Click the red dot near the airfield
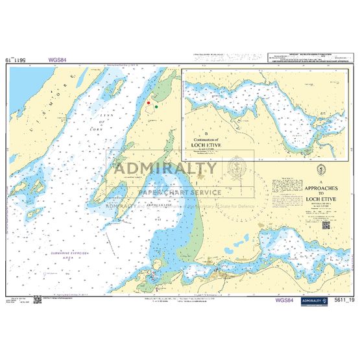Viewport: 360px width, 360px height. click(x=149, y=103)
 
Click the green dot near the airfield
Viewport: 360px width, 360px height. click(x=156, y=106)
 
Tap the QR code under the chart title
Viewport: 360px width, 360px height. click(x=326, y=225)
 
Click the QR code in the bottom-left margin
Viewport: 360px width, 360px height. click(x=38, y=299)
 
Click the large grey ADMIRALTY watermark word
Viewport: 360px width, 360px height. click(x=165, y=169)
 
